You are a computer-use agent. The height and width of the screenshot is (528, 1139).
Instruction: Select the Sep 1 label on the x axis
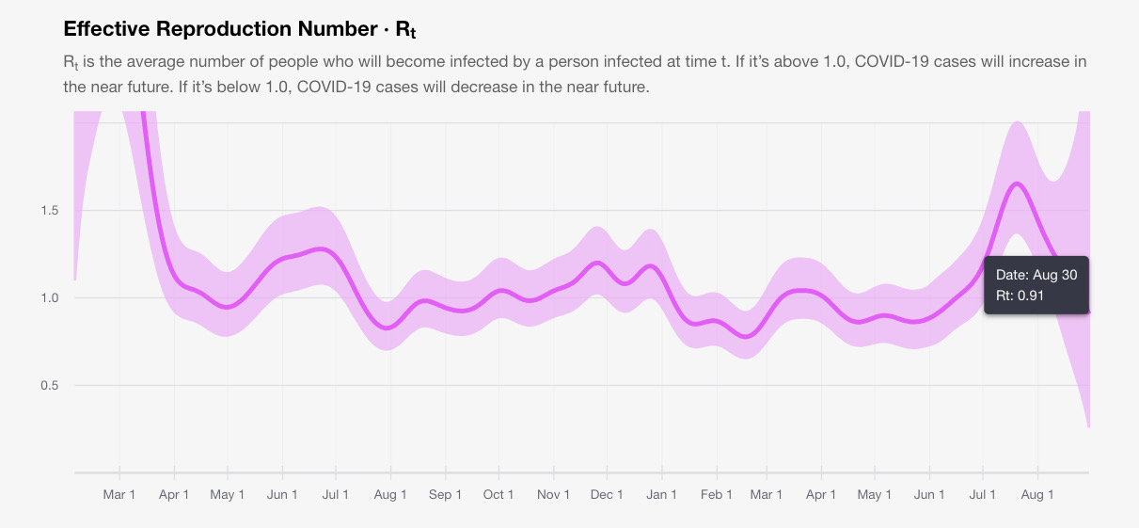[445, 495]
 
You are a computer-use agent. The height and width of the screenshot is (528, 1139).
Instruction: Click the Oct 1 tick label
[498, 495]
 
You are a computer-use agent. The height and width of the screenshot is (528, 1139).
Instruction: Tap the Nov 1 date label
[553, 495]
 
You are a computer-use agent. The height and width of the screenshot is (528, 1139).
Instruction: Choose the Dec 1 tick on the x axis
[607, 495]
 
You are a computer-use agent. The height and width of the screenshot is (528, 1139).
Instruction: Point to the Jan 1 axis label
[662, 495]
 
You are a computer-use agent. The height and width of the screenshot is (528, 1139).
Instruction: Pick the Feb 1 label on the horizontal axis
[716, 495]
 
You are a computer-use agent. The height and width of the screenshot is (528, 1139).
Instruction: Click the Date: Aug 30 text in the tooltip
[1036, 275]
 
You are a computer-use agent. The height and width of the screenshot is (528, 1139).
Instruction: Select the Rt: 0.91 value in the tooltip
[1020, 296]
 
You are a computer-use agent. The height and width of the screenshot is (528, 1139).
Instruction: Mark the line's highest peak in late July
[1017, 184]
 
